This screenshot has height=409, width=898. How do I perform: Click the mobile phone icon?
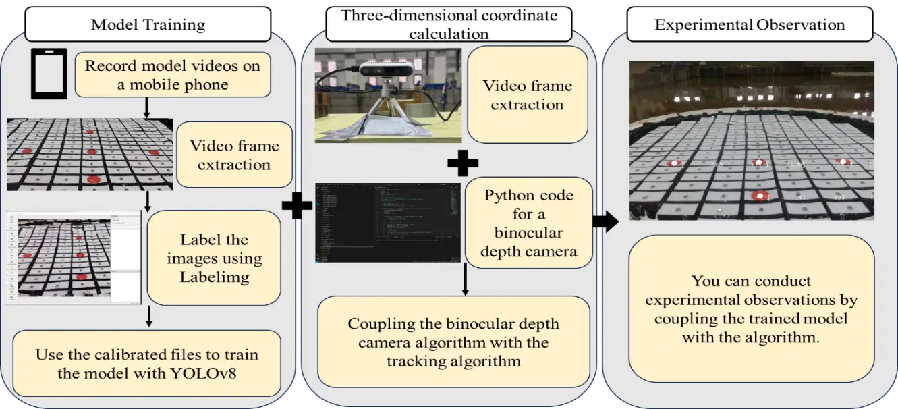[49, 74]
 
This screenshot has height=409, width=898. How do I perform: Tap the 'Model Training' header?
[148, 26]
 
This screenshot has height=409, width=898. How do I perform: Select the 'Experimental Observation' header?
[750, 26]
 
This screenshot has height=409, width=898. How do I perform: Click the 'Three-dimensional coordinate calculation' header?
[449, 24]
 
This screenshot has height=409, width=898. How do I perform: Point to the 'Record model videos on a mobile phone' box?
[173, 75]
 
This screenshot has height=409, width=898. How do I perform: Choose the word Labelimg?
[214, 277]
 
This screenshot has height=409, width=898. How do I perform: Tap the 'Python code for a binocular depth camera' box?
[529, 223]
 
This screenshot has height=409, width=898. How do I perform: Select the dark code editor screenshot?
[388, 222]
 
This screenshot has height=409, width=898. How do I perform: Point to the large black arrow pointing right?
[606, 220]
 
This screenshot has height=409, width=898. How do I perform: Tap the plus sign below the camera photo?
[463, 163]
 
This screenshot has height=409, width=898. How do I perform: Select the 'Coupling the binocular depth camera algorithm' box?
[453, 342]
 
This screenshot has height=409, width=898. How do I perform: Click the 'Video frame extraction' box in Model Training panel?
[234, 155]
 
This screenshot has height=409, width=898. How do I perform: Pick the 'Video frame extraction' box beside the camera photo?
[527, 95]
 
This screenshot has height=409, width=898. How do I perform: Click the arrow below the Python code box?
[466, 279]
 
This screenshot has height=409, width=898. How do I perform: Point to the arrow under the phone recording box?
[146, 107]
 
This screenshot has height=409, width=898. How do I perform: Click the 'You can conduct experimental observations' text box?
[751, 309]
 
